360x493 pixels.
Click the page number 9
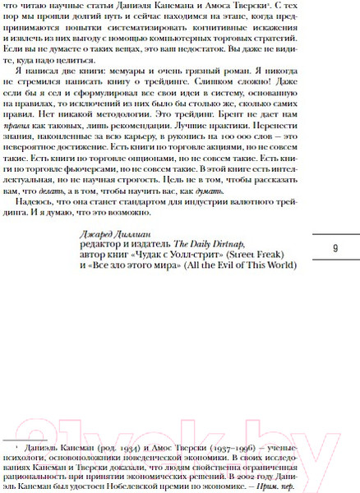(335, 248)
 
